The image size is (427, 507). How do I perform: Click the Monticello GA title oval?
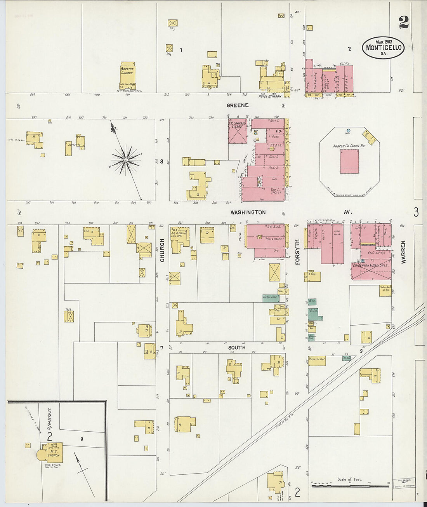pos(383,48)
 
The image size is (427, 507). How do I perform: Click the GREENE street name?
pos(238,105)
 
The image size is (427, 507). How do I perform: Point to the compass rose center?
pos(126,160)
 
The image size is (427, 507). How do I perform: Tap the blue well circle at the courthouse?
pos(348,131)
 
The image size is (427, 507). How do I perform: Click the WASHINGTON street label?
pos(248,213)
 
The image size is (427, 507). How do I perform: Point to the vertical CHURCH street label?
pos(162,250)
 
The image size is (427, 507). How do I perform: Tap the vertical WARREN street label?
pos(403,252)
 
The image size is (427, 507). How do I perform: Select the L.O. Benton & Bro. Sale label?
pos(371,266)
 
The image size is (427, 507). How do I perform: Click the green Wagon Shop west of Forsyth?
pos(271,298)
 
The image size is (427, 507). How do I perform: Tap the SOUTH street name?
pos(236,348)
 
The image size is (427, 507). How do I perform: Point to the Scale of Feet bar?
pos(349,486)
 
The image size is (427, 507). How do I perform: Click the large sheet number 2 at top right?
pos(403,23)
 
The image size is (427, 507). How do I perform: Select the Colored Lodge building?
pos(317,361)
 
